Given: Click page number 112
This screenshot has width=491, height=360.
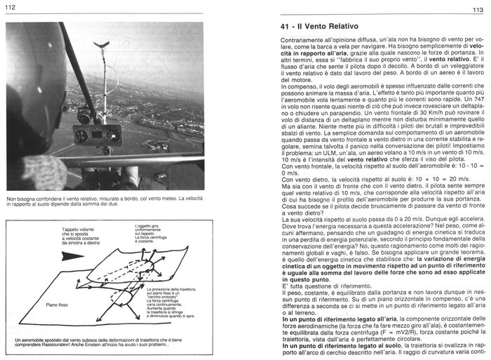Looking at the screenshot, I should point(8,7).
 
